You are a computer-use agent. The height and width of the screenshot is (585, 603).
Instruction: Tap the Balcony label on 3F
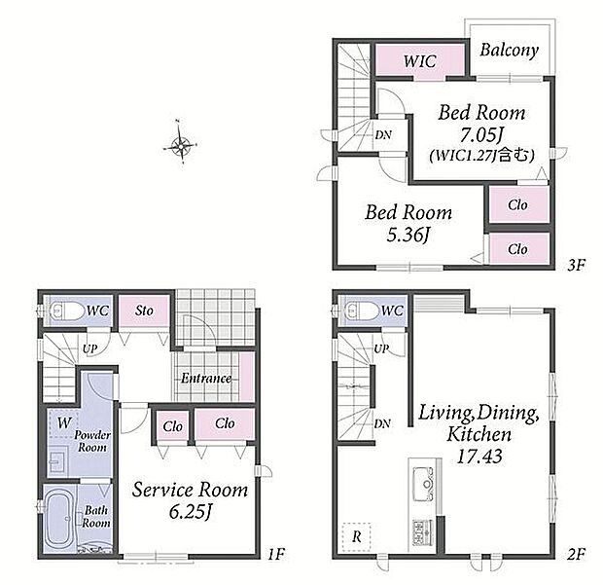point(510,51)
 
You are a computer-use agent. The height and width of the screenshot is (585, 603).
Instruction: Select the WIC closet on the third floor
point(420,60)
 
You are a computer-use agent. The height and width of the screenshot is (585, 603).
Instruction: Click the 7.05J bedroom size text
point(481,134)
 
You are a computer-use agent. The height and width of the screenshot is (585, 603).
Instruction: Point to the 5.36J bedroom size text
point(408,235)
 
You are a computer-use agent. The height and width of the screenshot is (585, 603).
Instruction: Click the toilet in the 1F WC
point(66,311)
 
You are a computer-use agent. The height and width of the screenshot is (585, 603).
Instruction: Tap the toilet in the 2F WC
point(362,311)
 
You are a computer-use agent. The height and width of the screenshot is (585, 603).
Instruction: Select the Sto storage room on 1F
point(144,311)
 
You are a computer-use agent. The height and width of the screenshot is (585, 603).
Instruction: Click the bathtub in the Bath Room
point(59,519)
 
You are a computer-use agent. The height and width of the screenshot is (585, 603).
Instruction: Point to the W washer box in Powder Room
point(63,423)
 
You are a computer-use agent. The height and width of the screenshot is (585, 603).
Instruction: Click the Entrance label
point(206,378)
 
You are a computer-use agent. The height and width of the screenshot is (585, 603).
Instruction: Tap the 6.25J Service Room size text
point(191,512)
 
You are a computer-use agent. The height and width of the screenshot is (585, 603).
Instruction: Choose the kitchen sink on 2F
point(424,484)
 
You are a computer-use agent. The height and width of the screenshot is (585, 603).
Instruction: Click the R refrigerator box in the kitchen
point(357,537)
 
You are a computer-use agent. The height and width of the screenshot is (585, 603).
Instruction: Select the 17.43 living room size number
point(479,457)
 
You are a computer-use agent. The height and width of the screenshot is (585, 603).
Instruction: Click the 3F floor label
point(576,265)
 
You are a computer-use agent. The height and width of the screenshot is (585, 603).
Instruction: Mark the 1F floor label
point(276,554)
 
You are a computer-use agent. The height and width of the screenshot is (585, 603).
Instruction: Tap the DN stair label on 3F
point(383,135)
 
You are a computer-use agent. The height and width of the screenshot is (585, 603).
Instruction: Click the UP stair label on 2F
point(381,348)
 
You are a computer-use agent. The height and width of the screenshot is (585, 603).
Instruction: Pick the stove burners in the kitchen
point(423,532)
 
